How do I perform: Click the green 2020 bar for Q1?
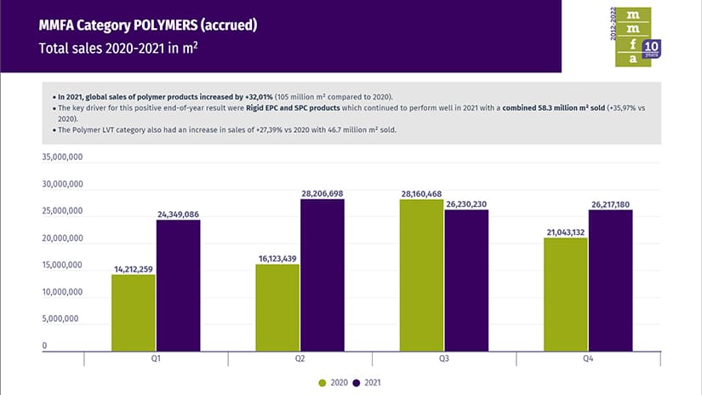(x=134, y=312)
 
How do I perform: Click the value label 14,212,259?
(x=134, y=269)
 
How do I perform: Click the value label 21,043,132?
(x=565, y=232)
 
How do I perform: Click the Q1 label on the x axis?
(x=156, y=360)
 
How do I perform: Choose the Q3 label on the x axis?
(x=443, y=360)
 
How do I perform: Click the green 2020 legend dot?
(x=322, y=383)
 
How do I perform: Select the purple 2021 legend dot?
(x=357, y=383)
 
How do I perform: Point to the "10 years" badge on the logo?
(x=652, y=49)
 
